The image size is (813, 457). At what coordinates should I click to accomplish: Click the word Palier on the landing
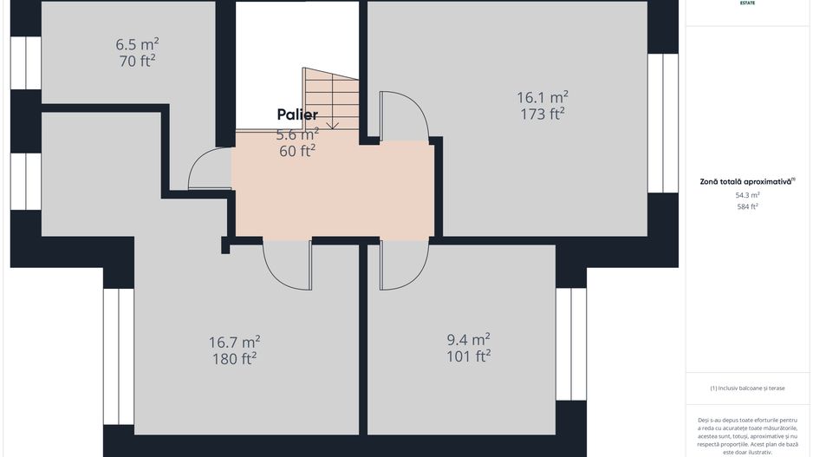click(x=297, y=114)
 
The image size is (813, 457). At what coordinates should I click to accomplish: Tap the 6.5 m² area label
click(x=137, y=43)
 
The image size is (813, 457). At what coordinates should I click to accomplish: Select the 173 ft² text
click(x=543, y=113)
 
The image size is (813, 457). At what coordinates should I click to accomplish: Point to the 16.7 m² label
click(x=234, y=342)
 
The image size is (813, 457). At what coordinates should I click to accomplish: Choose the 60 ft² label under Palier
click(x=297, y=151)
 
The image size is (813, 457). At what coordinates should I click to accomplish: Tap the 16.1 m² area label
click(x=543, y=96)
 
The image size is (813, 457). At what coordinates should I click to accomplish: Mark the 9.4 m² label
click(x=468, y=339)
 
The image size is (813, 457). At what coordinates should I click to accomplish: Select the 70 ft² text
click(x=137, y=60)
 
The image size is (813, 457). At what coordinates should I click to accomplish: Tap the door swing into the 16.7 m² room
click(x=288, y=265)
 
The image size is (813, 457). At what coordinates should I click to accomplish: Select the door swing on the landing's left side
click(x=210, y=168)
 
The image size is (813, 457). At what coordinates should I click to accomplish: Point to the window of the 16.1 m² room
click(x=663, y=123)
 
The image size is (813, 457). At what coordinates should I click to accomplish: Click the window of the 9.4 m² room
click(x=571, y=343)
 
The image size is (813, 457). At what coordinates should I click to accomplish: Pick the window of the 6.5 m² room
click(x=26, y=62)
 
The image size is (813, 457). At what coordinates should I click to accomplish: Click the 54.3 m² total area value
click(x=746, y=195)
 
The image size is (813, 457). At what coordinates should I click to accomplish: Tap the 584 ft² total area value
click(x=746, y=206)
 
